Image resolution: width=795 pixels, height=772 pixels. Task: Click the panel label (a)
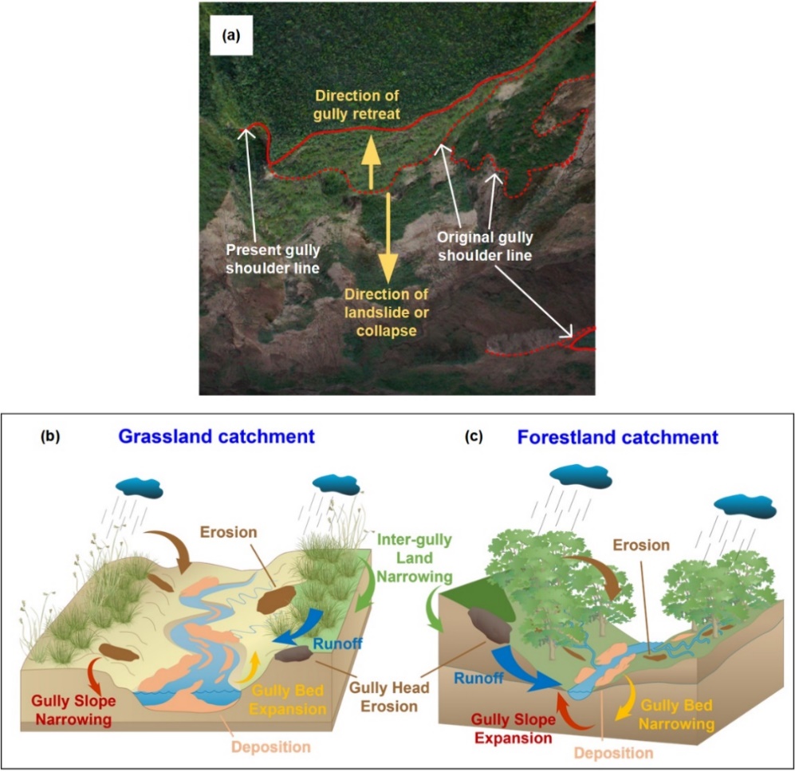coord(227,35)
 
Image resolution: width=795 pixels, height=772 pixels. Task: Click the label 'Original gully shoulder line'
coord(484,246)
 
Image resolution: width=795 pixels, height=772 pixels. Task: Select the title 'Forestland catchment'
coord(618,437)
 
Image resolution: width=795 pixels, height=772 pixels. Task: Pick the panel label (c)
coord(476,437)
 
